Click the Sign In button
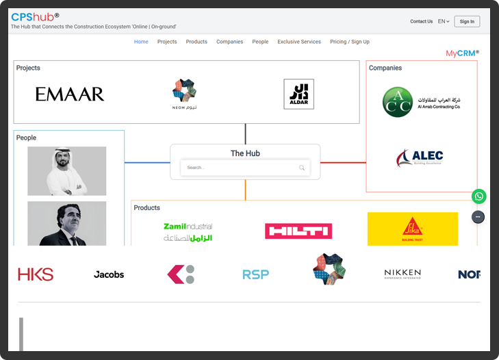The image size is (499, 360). (x=467, y=21)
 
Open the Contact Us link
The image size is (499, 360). (x=421, y=21)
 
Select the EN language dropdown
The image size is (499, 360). (x=444, y=21)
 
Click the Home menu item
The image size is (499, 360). (x=141, y=42)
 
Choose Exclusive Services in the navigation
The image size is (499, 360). (x=299, y=42)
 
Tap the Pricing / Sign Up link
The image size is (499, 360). (x=349, y=42)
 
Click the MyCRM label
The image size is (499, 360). (x=462, y=53)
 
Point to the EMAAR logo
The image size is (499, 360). (x=70, y=94)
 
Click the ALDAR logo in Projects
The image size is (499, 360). (x=298, y=94)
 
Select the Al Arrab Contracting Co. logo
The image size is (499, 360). (x=421, y=102)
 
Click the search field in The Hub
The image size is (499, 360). (x=240, y=168)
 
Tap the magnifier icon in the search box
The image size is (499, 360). (x=302, y=168)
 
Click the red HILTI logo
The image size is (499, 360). (x=298, y=231)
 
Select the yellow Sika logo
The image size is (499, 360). (x=412, y=229)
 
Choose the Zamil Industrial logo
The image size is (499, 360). (x=188, y=231)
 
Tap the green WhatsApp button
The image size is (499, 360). (x=479, y=196)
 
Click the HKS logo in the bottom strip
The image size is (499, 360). (x=36, y=274)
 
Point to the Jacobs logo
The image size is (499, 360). (x=109, y=274)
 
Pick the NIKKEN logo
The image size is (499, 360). (x=402, y=274)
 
